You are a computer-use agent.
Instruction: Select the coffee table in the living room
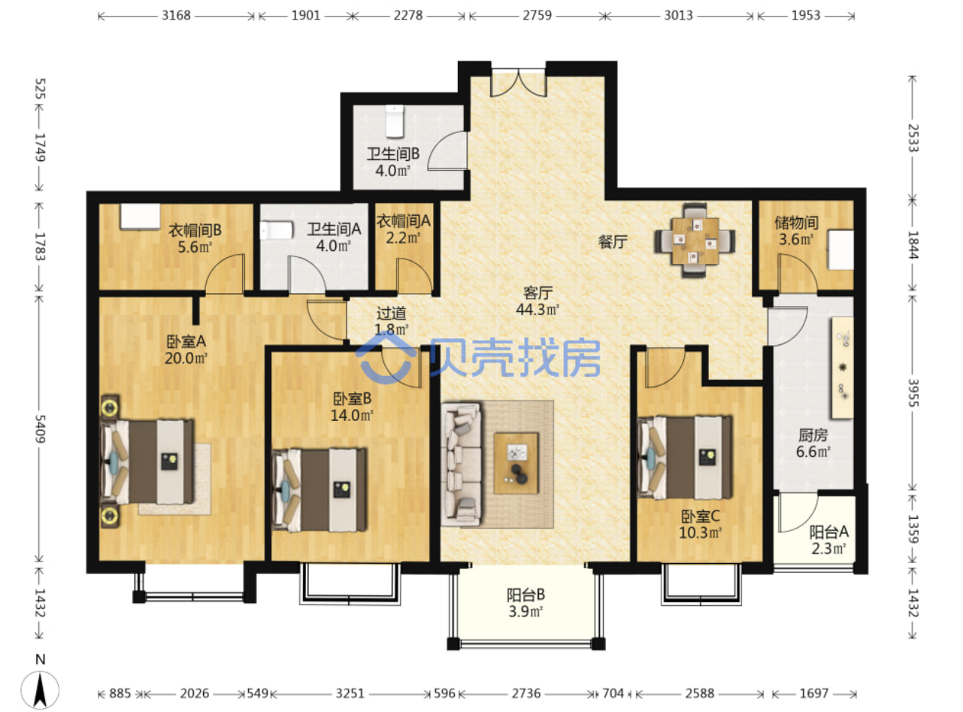516,463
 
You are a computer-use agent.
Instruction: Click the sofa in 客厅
461,465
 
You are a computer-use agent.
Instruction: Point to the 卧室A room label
186,341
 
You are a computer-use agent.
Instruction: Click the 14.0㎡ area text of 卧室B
352,415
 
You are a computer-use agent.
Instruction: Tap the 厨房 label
813,435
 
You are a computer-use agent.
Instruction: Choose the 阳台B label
525,595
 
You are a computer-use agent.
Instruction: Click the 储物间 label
796,223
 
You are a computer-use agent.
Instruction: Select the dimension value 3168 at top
176,16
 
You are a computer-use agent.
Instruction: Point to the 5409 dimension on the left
41,429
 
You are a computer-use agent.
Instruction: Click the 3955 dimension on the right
913,392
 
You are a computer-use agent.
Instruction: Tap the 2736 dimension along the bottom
525,693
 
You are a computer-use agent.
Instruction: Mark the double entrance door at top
519,83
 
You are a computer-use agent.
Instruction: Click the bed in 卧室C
685,457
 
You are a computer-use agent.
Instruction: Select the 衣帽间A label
404,221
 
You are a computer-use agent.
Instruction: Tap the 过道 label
391,313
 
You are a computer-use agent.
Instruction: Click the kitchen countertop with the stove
842,368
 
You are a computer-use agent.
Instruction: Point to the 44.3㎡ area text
538,309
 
